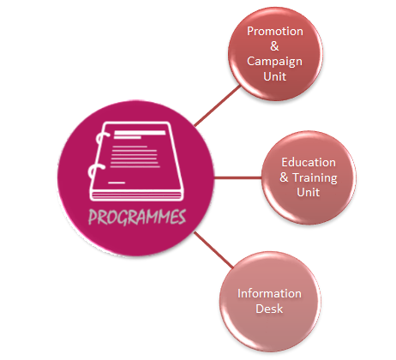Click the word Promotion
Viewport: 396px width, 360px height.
pyautogui.click(x=275, y=31)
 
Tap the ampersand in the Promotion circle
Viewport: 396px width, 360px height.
pyautogui.click(x=274, y=46)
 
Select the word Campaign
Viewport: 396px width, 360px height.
pyautogui.click(x=274, y=62)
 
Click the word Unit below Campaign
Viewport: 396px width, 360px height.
pyautogui.click(x=275, y=76)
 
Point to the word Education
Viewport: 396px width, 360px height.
pyautogui.click(x=309, y=162)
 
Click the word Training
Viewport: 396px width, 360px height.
pyautogui.click(x=315, y=178)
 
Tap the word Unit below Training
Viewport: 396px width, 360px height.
pyautogui.click(x=309, y=192)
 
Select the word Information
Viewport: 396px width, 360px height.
pyautogui.click(x=269, y=293)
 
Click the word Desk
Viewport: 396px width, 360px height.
pyautogui.click(x=269, y=309)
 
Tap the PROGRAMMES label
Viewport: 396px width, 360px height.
pyautogui.click(x=137, y=217)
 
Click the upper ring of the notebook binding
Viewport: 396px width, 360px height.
pyautogui.click(x=102, y=140)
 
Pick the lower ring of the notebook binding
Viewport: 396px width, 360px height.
pyautogui.click(x=95, y=172)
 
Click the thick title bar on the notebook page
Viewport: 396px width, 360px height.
pyautogui.click(x=140, y=133)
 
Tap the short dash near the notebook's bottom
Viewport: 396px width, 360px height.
pyautogui.click(x=117, y=183)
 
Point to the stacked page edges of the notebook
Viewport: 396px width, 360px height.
pyautogui.click(x=136, y=196)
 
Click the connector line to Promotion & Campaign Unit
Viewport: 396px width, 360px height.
pyautogui.click(x=217, y=105)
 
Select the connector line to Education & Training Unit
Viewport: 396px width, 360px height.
pyautogui.click(x=237, y=178)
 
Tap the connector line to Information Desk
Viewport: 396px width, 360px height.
pyautogui.click(x=213, y=249)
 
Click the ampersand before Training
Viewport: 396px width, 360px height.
pyautogui.click(x=284, y=177)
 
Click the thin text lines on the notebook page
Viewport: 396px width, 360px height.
pyautogui.click(x=135, y=157)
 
